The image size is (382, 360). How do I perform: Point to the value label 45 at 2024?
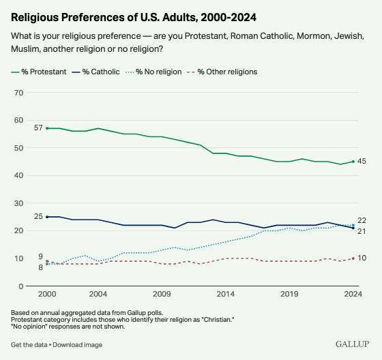pyautogui.click(x=362, y=162)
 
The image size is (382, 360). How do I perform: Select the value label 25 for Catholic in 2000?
pyautogui.click(x=38, y=217)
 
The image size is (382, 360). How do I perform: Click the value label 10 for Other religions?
pyautogui.click(x=362, y=258)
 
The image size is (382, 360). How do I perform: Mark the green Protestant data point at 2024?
pyautogui.click(x=353, y=162)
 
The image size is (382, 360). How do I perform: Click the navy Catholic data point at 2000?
pyautogui.click(x=47, y=217)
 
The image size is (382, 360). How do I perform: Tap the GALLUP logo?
pyautogui.click(x=352, y=344)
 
